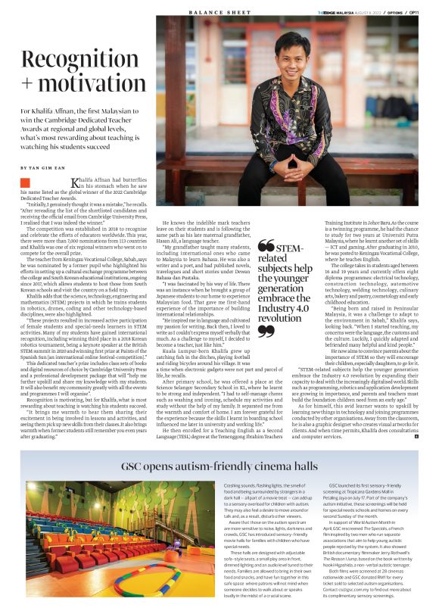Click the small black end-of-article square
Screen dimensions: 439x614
point(416,416)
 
